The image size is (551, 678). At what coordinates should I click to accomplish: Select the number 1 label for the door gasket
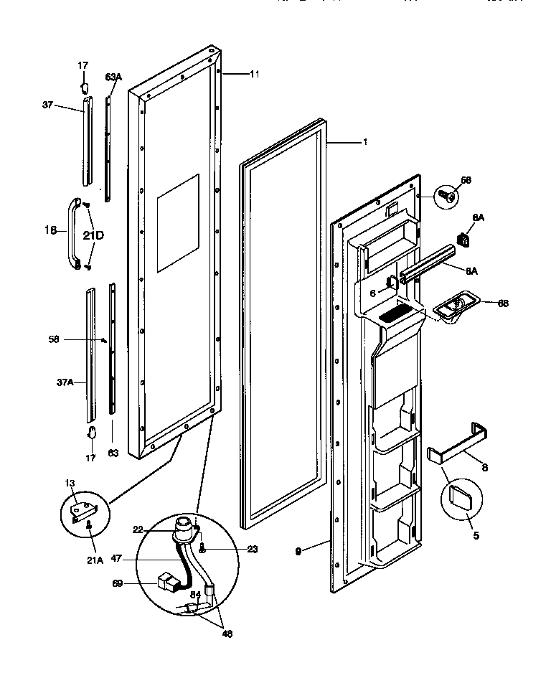[x=364, y=142]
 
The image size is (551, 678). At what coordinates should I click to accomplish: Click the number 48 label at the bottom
[x=227, y=634]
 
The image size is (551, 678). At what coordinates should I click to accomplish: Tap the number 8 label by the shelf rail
[x=484, y=467]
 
